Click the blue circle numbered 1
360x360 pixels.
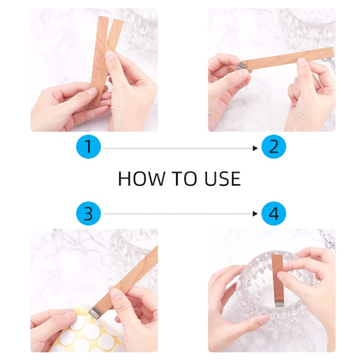[x=88, y=147]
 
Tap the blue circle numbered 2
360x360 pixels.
[x=274, y=147]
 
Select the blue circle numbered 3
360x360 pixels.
[x=88, y=214]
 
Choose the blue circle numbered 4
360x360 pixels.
[x=274, y=214]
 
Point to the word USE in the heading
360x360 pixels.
[x=222, y=179]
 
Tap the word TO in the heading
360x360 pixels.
[x=184, y=179]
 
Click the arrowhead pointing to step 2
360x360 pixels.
[x=255, y=148]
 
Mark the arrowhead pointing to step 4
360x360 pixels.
[x=255, y=214]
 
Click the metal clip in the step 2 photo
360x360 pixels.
[x=243, y=66]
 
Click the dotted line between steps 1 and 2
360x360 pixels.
[x=178, y=148]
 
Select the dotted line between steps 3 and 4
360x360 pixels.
[x=178, y=214]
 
